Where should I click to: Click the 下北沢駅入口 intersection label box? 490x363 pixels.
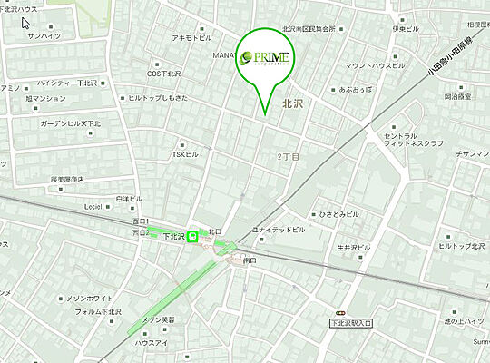pos(351,322)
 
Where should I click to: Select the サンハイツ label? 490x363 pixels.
pos(44,35)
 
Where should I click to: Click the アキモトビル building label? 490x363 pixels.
pos(191,39)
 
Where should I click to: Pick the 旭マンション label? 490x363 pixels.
pos(46,98)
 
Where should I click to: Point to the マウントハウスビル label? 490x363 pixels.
pos(376,65)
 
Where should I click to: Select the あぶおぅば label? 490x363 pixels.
pos(355,90)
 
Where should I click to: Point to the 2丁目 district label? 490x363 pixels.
pos(288,157)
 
